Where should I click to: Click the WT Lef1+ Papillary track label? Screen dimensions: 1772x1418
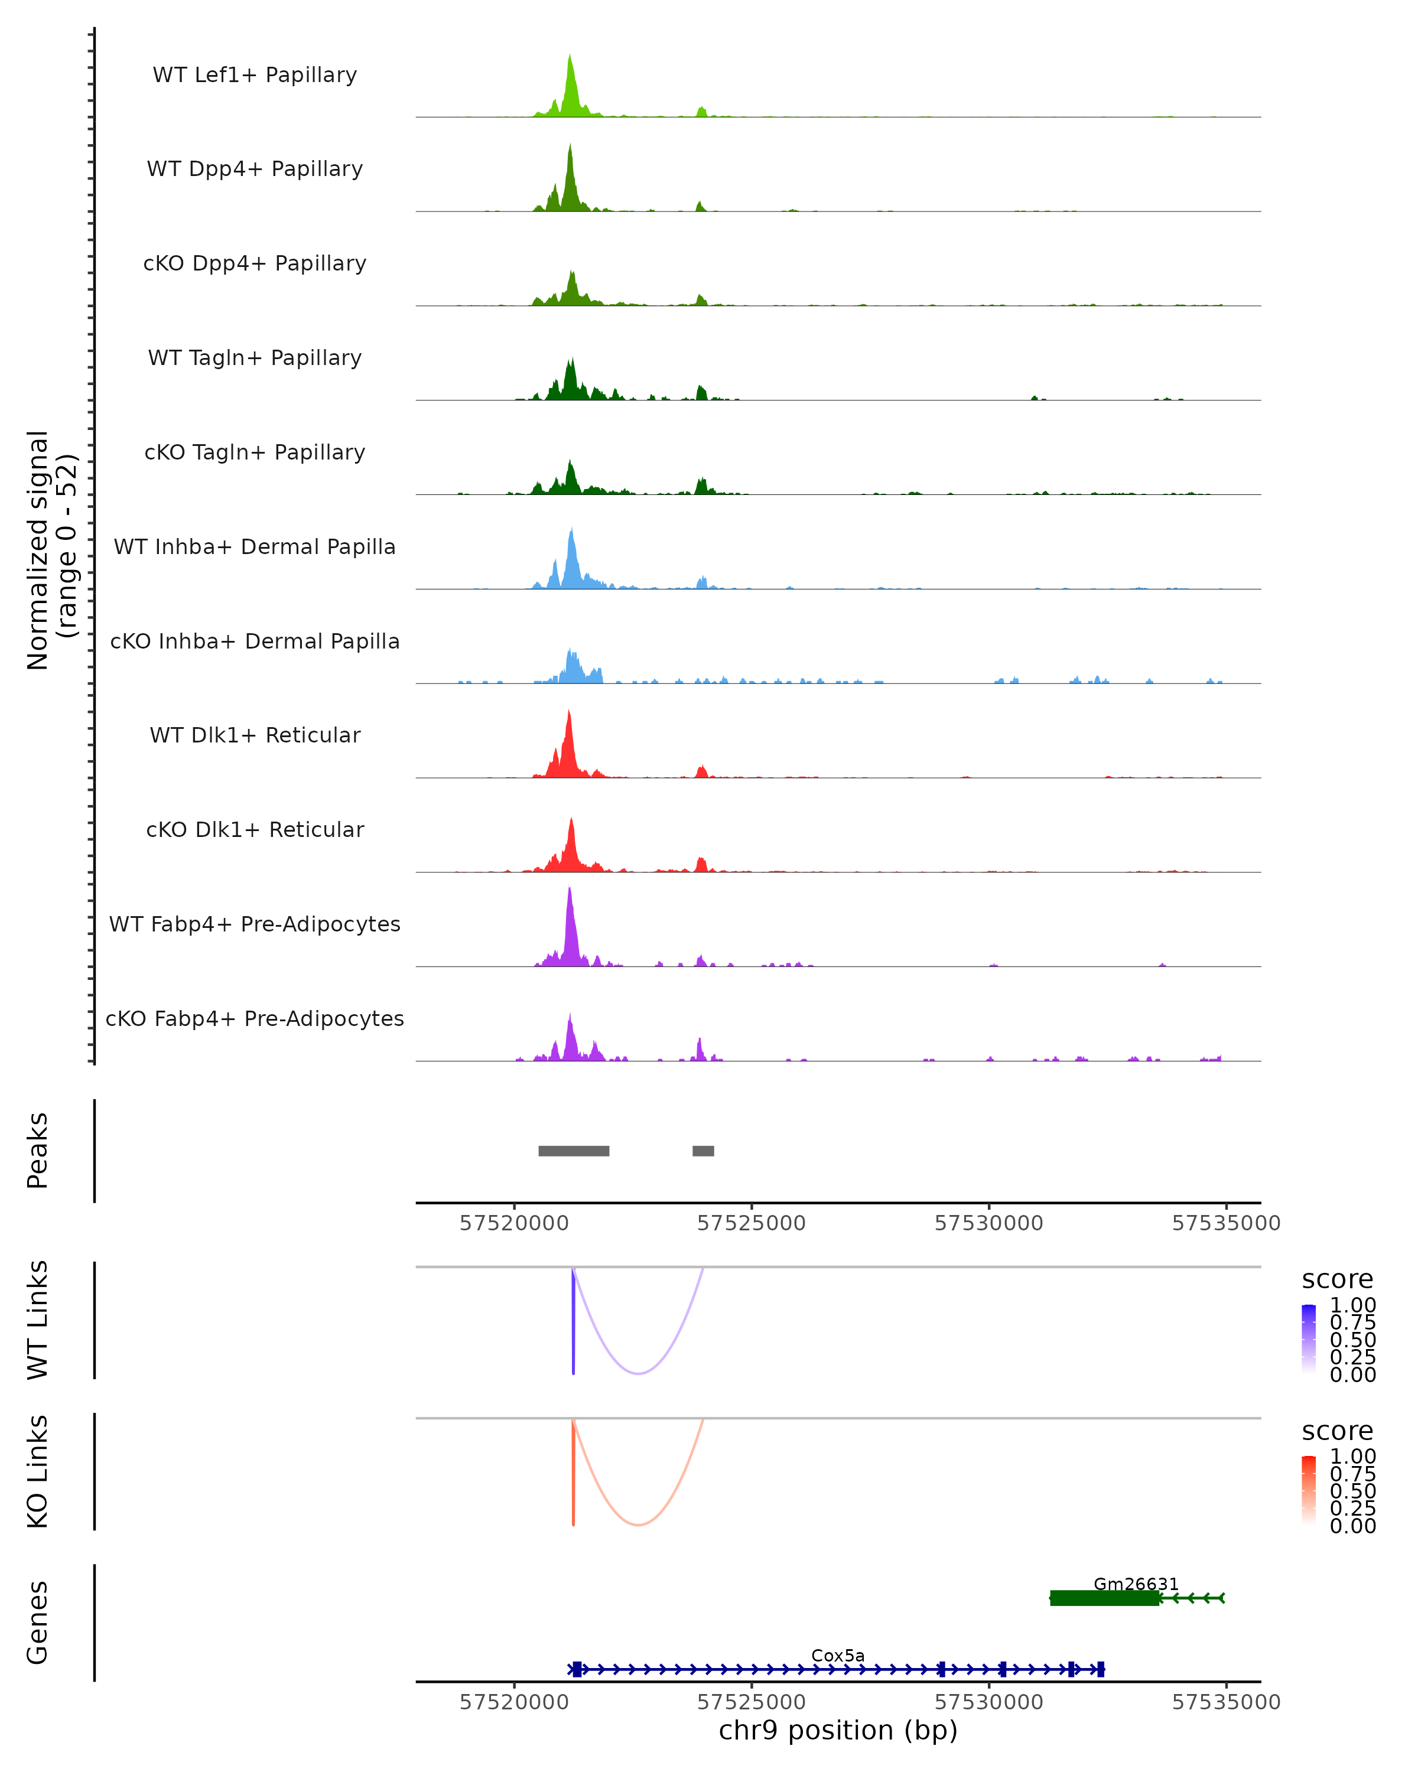tap(255, 75)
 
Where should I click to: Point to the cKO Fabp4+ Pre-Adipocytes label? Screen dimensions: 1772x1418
tap(255, 1018)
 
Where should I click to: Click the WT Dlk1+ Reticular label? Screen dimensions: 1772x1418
tap(255, 735)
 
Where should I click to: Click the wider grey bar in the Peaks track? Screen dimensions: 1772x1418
tap(574, 1151)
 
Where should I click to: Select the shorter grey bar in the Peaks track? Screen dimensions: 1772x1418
tap(703, 1151)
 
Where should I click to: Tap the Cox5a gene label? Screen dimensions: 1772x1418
tap(838, 1655)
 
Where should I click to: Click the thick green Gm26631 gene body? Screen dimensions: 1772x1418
tap(1104, 1598)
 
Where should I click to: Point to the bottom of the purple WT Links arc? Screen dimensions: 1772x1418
tap(638, 1373)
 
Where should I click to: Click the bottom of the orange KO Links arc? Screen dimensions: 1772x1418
tap(638, 1525)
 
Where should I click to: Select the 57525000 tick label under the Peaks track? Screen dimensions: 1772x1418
tap(752, 1223)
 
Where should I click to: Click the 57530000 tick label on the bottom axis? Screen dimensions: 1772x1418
tap(989, 1702)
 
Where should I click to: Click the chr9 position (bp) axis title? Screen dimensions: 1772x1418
tap(838, 1730)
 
